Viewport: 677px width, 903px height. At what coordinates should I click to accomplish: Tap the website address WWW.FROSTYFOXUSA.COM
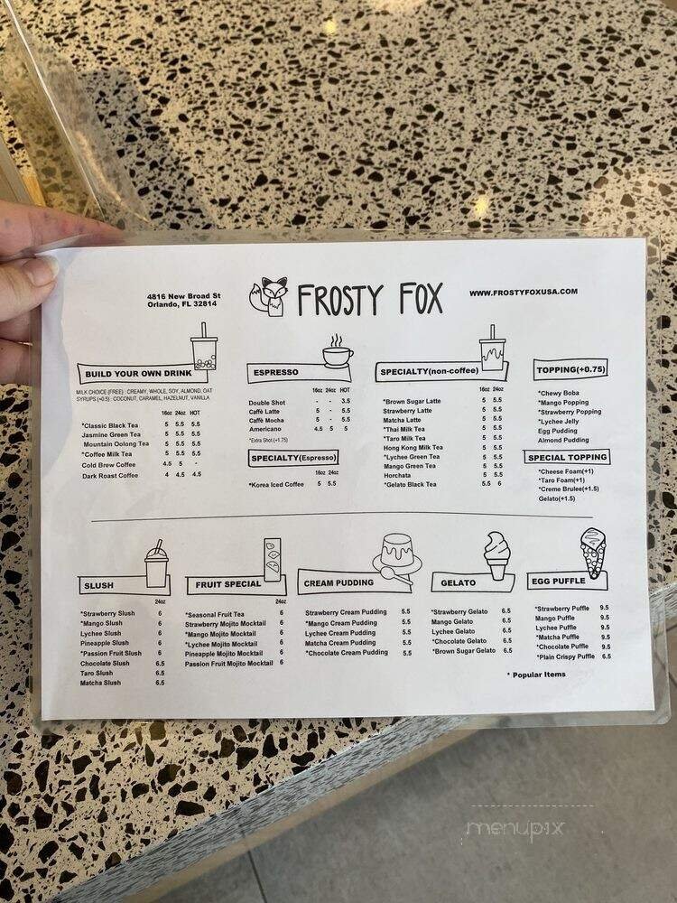(x=523, y=292)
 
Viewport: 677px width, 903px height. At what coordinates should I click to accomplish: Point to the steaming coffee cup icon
(x=338, y=351)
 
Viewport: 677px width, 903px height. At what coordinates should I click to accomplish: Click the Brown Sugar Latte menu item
(x=413, y=401)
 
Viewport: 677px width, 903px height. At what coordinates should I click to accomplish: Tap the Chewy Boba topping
(x=560, y=393)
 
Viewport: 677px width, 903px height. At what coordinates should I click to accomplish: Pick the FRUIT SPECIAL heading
(x=225, y=583)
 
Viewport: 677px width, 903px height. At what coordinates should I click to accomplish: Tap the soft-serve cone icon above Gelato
(x=497, y=554)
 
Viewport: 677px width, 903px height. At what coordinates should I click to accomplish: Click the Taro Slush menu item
(x=97, y=673)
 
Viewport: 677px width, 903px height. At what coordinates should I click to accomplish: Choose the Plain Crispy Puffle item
(x=565, y=656)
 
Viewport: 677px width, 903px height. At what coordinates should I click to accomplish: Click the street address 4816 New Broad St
(x=184, y=295)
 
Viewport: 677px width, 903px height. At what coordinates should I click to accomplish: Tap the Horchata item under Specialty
(x=398, y=475)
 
